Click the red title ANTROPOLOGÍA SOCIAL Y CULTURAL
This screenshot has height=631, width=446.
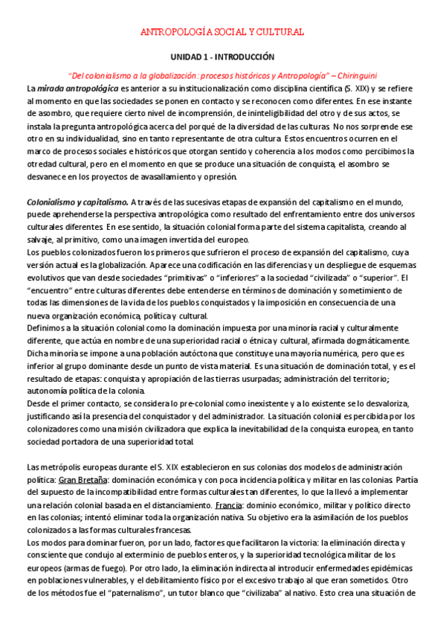pos(223,33)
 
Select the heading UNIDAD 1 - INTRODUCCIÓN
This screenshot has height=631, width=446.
pos(223,57)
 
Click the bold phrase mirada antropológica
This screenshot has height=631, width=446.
pos(68,88)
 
